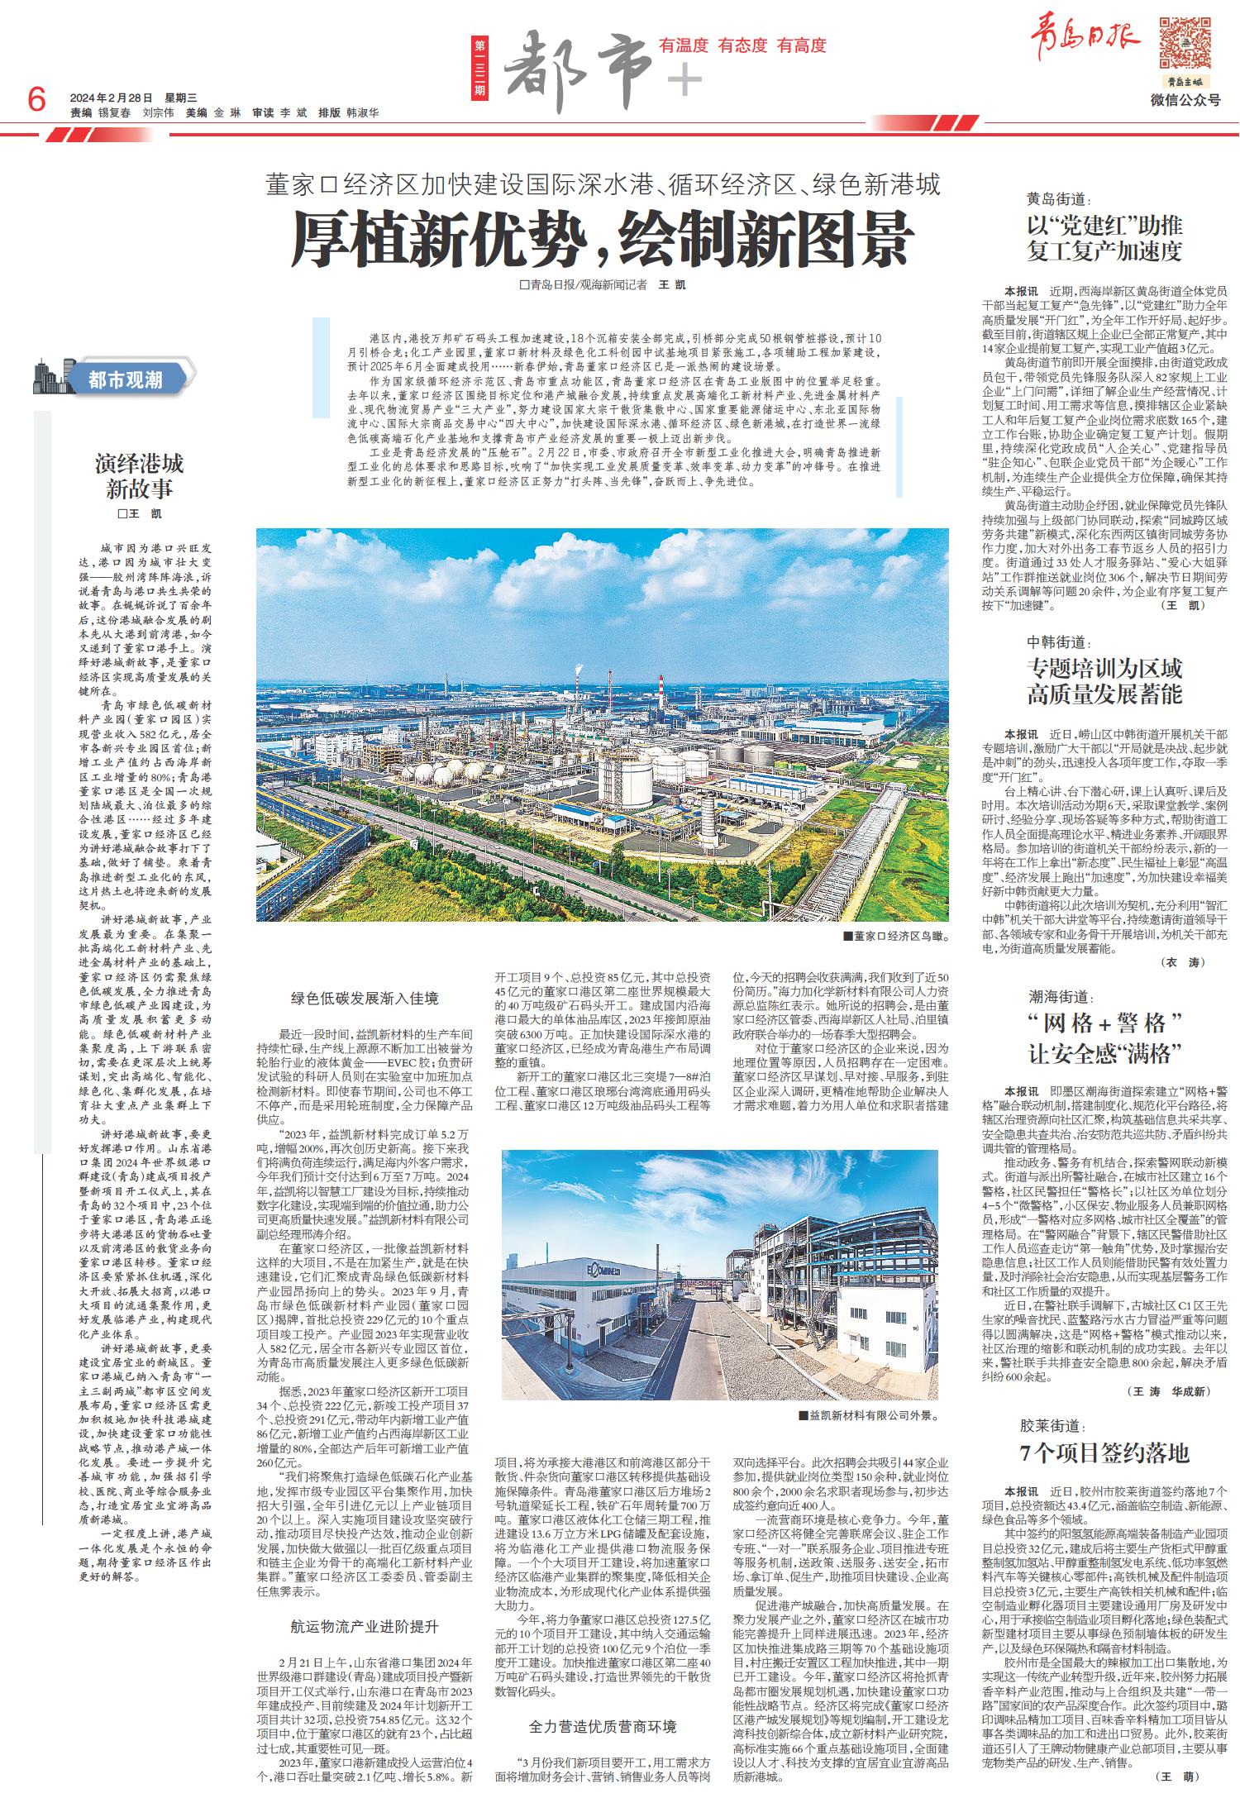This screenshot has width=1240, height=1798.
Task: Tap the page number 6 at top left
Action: (36, 102)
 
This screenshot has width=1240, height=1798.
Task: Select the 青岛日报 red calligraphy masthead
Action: (1084, 39)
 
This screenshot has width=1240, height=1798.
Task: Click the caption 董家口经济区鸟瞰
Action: (894, 937)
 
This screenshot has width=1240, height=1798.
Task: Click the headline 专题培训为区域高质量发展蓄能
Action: (1104, 681)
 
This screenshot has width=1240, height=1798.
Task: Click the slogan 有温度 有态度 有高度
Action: (742, 45)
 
